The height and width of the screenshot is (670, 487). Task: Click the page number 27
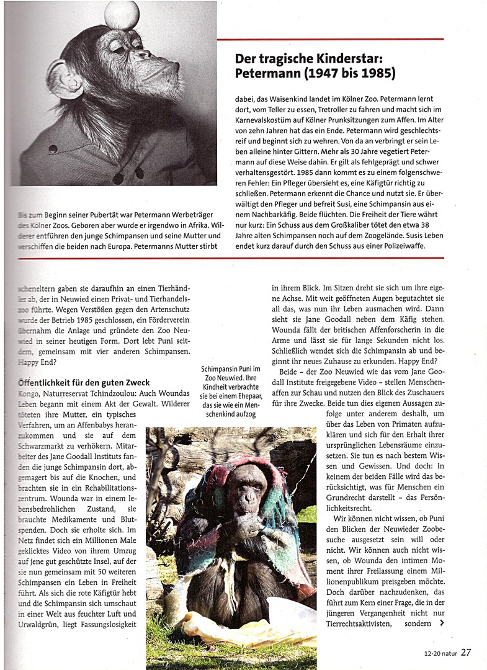point(465,652)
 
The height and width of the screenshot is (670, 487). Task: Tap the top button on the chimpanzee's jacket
point(52,150)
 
